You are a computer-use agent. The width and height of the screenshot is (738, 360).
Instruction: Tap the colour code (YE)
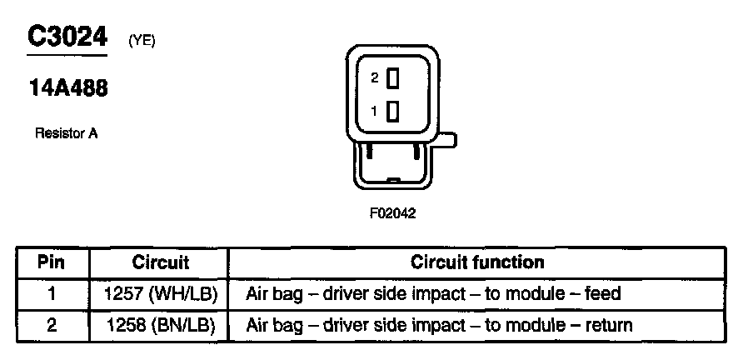[142, 41]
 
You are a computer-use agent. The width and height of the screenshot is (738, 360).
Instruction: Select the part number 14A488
[67, 88]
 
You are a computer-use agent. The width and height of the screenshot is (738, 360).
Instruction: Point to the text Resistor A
[67, 132]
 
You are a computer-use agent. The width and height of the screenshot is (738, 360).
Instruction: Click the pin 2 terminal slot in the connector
[393, 77]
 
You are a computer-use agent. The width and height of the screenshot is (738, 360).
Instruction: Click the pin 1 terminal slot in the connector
[393, 110]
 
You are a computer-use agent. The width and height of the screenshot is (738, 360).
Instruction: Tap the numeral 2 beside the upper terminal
[375, 77]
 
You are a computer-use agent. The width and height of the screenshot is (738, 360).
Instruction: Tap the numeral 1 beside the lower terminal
[375, 111]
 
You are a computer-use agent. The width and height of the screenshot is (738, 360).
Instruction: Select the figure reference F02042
[392, 212]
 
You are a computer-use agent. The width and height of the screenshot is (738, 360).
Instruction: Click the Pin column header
[52, 262]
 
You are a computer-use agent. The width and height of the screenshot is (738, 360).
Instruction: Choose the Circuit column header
[161, 262]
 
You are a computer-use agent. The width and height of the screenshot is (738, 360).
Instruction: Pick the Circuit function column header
[477, 262]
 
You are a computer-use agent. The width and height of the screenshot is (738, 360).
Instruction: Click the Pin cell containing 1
[52, 294]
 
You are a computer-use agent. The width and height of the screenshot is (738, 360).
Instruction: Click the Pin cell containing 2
[52, 325]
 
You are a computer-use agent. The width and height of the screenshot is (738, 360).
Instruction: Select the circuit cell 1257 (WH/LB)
[161, 294]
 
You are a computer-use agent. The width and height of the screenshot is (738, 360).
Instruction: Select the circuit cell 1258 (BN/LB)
[161, 325]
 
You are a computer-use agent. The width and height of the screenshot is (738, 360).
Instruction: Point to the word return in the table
[609, 325]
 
